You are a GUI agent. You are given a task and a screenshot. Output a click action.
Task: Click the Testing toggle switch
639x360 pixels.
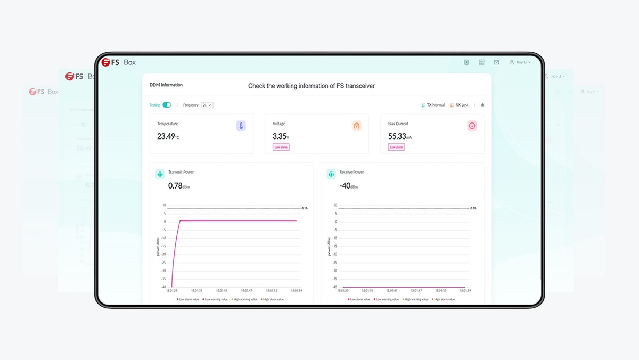pyautogui.click(x=167, y=105)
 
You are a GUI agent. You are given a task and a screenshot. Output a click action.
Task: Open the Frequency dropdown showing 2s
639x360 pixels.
pyautogui.click(x=207, y=105)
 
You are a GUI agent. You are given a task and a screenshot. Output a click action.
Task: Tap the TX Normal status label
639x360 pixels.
pyautogui.click(x=433, y=105)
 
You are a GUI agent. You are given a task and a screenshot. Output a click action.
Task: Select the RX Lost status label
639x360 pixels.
pyautogui.click(x=459, y=105)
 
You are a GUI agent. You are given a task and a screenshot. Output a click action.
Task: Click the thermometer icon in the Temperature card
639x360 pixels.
pyautogui.click(x=241, y=126)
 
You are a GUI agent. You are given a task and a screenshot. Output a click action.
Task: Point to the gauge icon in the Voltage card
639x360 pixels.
pyautogui.click(x=357, y=126)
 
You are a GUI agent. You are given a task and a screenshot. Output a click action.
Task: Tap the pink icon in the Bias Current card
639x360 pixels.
pyautogui.click(x=472, y=126)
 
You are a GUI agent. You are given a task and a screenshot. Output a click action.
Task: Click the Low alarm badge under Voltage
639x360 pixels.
pyautogui.click(x=281, y=147)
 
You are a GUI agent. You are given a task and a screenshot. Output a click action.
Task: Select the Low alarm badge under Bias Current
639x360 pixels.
pyautogui.click(x=397, y=147)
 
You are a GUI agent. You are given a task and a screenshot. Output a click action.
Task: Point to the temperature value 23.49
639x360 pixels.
pyautogui.click(x=166, y=136)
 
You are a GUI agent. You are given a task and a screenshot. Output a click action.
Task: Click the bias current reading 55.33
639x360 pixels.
pyautogui.click(x=397, y=136)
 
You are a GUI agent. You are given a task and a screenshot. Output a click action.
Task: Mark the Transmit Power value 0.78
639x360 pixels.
pyautogui.click(x=175, y=186)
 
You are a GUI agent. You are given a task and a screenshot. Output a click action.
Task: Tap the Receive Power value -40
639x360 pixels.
pyautogui.click(x=346, y=186)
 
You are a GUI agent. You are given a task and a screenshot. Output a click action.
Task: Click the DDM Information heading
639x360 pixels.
pyautogui.click(x=166, y=85)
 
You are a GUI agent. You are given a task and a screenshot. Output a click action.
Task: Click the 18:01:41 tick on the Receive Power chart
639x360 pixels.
pyautogui.click(x=391, y=291)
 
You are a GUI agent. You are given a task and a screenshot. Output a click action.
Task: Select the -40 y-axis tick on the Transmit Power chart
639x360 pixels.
pyautogui.click(x=163, y=287)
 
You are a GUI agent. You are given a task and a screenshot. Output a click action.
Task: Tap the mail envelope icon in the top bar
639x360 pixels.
pyautogui.click(x=496, y=62)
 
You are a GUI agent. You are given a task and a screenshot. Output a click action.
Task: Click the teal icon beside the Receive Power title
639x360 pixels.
pyautogui.click(x=331, y=174)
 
